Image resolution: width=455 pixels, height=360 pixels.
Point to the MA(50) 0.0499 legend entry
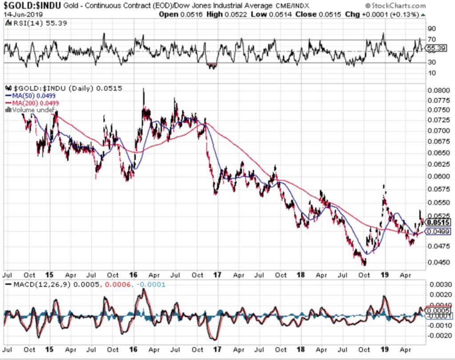(x=31, y=96)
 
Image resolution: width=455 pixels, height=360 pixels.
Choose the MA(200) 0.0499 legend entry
(x=32, y=103)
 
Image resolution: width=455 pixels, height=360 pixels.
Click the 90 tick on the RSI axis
(x=431, y=29)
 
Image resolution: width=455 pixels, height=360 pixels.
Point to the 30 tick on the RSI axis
(x=431, y=63)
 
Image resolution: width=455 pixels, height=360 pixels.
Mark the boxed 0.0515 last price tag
(x=438, y=222)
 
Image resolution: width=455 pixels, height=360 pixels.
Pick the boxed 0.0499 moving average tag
(x=438, y=231)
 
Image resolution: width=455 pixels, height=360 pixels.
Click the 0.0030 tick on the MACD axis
(x=437, y=284)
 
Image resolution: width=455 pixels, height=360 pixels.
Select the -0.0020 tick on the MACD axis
(x=436, y=335)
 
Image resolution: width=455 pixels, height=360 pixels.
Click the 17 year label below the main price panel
(x=217, y=275)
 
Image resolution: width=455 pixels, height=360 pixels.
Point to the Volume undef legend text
(x=31, y=109)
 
